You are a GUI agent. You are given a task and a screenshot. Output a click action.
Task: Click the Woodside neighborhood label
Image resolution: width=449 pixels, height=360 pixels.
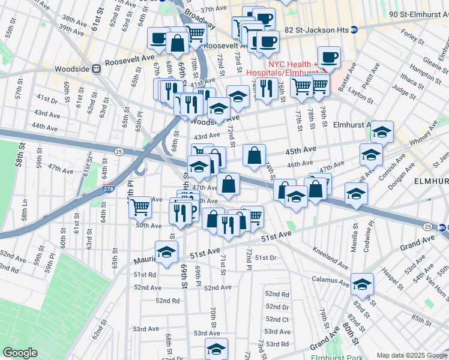pyautogui.click(x=71, y=68)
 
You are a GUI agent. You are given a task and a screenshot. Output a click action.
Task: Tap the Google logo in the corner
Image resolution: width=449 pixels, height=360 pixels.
pyautogui.click(x=20, y=353)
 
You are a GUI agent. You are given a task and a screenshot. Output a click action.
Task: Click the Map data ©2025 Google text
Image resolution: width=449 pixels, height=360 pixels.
pyautogui.click(x=411, y=355)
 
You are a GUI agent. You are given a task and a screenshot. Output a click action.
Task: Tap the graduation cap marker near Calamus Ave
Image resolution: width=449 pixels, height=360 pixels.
pyautogui.click(x=362, y=283)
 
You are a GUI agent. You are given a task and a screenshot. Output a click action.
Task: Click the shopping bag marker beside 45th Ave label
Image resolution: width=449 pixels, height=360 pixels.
pyautogui.click(x=255, y=155)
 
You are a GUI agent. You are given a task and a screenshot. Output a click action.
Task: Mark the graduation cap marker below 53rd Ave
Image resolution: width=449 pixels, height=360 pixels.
pyautogui.click(x=217, y=349)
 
